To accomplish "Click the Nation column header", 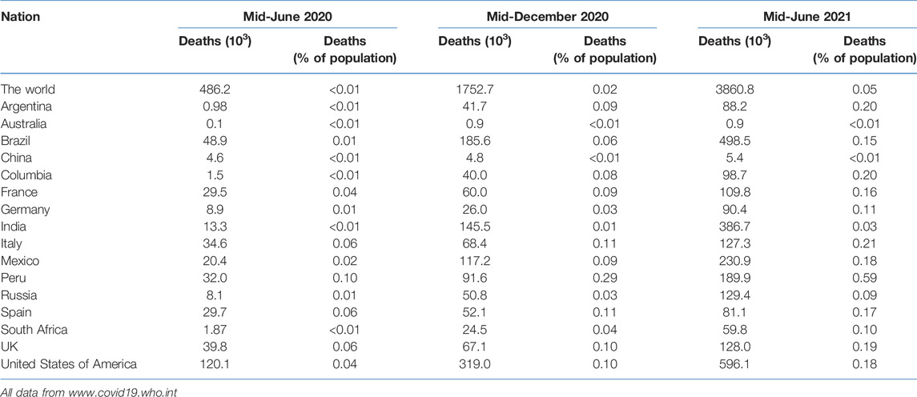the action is (x=21, y=16).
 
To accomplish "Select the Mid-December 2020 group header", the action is (x=547, y=16).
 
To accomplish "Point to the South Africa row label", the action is (x=34, y=330).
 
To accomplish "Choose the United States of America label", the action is (x=69, y=364).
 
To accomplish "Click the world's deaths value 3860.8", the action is (x=734, y=89).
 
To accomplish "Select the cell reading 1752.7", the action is (x=473, y=89).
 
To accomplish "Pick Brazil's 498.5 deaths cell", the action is (x=734, y=141).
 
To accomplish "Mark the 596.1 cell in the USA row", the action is (x=734, y=364).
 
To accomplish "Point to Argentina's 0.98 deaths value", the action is (x=215, y=106).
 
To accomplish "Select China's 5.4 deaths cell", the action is (x=734, y=158).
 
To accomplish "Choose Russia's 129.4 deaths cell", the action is (x=734, y=295).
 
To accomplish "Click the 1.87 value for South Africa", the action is (x=215, y=330).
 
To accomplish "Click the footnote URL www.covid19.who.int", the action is (x=127, y=391).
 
